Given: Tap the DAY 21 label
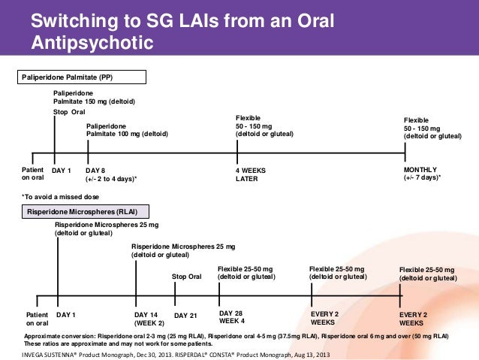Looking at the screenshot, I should (185, 315).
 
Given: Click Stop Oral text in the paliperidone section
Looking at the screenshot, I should (69, 112).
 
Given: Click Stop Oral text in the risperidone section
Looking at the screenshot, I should (187, 277).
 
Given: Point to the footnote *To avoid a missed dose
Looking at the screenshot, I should (59, 196).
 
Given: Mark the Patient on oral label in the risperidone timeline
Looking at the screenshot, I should (37, 318).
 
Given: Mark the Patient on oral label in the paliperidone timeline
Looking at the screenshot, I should (32, 174).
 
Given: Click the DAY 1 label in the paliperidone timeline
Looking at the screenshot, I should (61, 170).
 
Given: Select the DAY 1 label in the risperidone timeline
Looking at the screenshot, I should (68, 314).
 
